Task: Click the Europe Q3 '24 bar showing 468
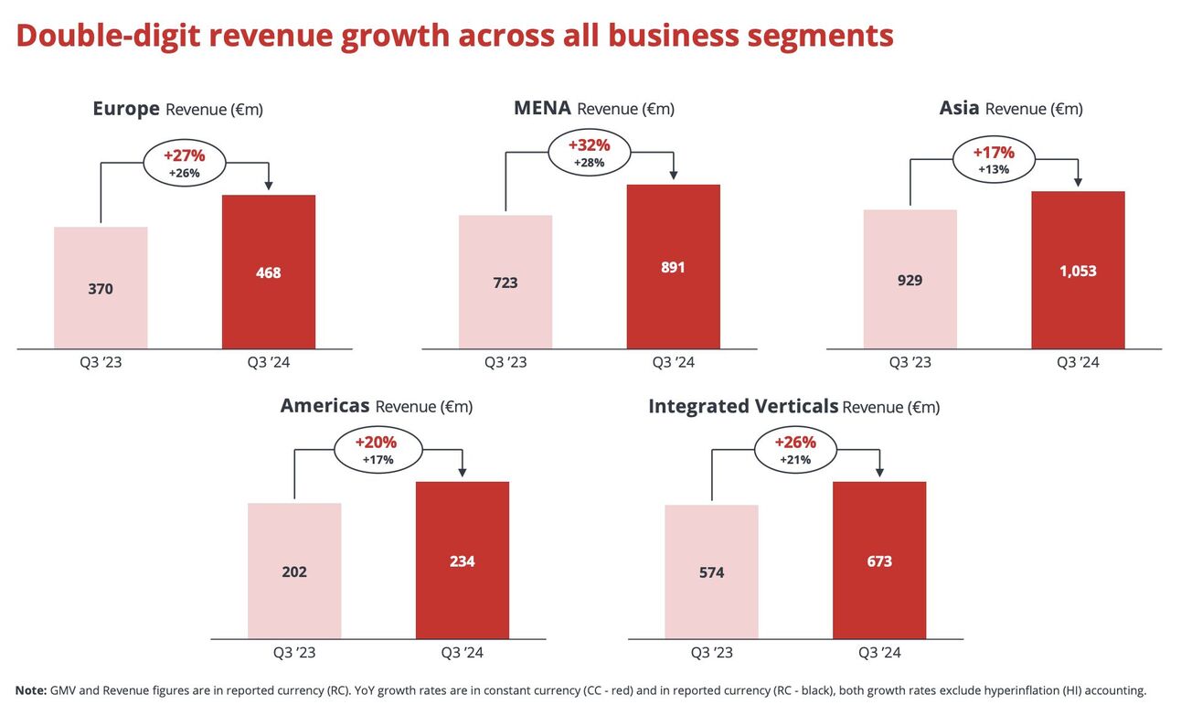pos(269,272)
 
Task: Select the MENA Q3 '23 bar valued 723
pos(505,282)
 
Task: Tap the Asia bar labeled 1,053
pos(1078,270)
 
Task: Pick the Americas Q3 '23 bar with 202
pos(294,571)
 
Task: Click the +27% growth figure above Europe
pos(184,155)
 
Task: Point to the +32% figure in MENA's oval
pos(589,145)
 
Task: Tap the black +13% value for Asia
pos(994,169)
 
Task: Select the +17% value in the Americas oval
pos(378,460)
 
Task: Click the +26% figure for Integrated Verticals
pos(795,443)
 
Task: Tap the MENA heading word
pos(542,108)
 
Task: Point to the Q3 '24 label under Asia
pos(1078,362)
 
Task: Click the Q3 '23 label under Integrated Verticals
pos(711,653)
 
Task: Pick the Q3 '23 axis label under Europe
pos(101,362)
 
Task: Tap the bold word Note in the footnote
pos(30,690)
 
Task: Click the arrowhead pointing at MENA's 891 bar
pos(673,175)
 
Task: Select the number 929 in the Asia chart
pos(910,280)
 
